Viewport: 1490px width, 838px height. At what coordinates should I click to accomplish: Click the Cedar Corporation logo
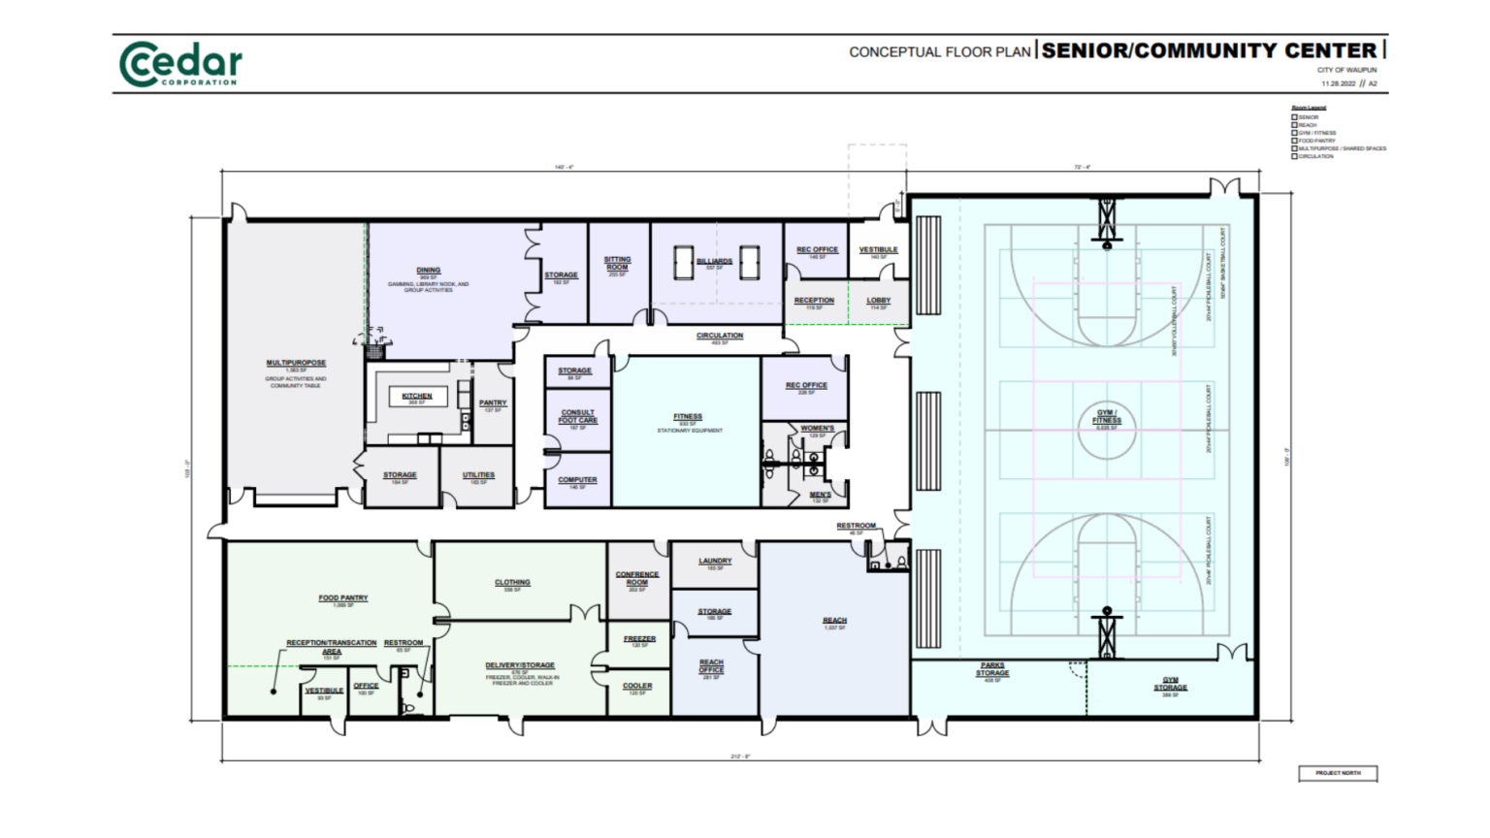180,64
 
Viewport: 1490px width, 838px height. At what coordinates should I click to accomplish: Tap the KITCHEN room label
417,396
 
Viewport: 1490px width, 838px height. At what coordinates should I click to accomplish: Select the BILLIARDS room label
715,261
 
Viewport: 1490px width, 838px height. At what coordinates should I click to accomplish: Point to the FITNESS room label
688,417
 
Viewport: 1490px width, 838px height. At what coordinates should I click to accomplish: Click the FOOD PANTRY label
343,598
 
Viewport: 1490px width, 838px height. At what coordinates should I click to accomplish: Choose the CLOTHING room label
512,583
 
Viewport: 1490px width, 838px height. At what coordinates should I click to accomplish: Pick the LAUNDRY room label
715,562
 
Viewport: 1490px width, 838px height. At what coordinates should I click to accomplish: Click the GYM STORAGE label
1170,684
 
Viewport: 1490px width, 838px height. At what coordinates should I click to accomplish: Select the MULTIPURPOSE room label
296,364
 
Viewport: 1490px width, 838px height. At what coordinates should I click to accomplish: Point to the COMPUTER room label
577,480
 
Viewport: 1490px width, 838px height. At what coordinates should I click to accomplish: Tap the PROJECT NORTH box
1338,773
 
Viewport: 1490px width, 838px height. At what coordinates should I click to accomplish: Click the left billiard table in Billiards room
682,262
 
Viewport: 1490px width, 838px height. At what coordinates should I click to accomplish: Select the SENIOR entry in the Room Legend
1308,117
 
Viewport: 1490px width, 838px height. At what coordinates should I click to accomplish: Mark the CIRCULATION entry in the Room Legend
1314,156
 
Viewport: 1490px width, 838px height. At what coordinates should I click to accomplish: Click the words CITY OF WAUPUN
1346,70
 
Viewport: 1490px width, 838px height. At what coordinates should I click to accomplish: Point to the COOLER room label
637,686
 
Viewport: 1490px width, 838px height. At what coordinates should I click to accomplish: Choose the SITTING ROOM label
617,263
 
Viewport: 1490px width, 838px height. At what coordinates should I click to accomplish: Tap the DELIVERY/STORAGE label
520,666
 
